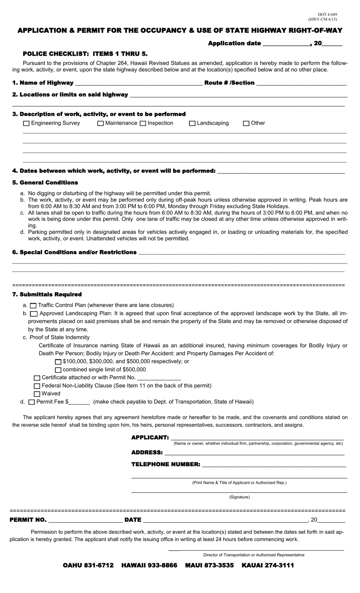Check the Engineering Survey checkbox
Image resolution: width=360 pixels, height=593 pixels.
[x=26, y=123]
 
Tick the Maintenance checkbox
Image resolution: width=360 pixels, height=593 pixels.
[x=100, y=123]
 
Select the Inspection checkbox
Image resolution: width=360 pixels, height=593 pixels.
[x=143, y=123]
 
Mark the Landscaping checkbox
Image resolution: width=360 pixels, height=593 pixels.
[x=192, y=123]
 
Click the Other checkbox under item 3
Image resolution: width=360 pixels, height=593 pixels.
[x=246, y=123]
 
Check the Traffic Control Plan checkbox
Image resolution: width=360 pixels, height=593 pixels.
[x=33, y=305]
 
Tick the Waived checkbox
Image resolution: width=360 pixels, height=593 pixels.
[x=37, y=394]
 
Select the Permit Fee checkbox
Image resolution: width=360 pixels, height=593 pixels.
[x=32, y=402]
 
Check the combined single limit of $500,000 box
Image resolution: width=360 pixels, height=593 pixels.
[x=58, y=370]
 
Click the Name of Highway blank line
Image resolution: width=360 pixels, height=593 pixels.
[x=138, y=83]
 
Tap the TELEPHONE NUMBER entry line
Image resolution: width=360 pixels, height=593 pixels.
[x=274, y=464]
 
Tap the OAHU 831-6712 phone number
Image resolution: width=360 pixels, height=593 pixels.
[x=88, y=565]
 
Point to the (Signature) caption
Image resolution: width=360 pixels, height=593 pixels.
[x=239, y=497]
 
